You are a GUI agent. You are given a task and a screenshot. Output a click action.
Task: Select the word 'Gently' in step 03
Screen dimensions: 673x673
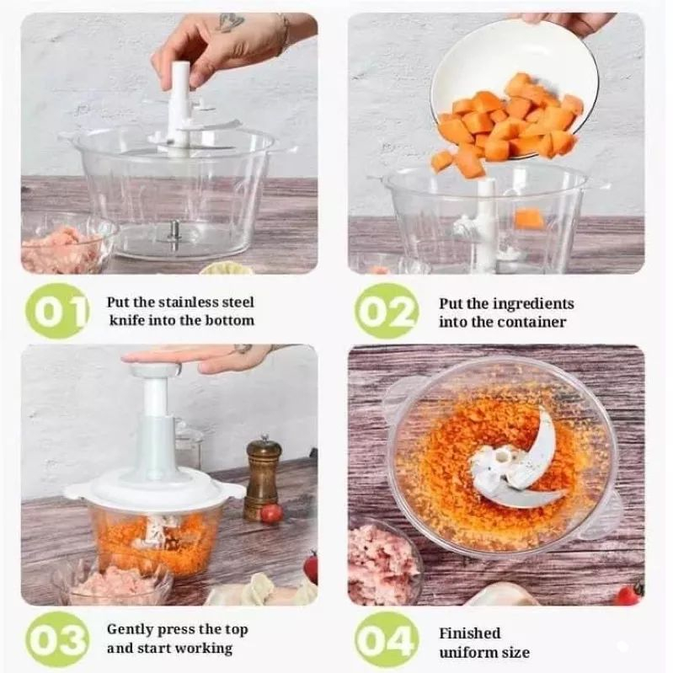click(x=130, y=630)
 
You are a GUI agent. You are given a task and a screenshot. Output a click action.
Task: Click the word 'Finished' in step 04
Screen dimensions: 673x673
click(x=469, y=633)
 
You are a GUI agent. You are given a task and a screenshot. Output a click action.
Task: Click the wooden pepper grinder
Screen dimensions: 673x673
click(x=263, y=478)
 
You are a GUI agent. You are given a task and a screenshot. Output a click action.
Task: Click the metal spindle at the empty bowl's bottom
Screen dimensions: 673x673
click(x=174, y=234)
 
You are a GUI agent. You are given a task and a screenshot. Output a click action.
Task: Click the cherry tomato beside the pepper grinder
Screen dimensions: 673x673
click(x=271, y=514)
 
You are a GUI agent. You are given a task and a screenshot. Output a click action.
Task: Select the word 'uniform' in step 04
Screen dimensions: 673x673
click(x=465, y=653)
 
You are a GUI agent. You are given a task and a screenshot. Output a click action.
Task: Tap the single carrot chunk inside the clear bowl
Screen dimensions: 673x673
click(x=529, y=219)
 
